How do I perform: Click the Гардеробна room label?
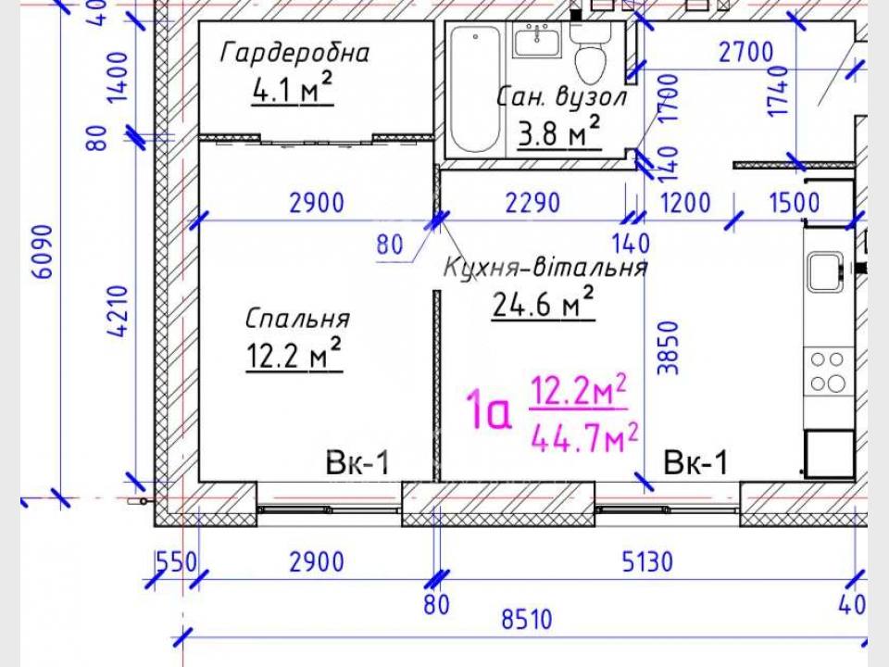pos(294,53)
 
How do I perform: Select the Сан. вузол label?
pos(562,97)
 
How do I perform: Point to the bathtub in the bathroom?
pos(475,90)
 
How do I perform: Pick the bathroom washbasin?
pos(536,39)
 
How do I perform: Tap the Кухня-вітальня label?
pos(545,267)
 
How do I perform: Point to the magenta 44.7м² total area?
pos(584,436)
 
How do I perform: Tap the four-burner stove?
pos(828,371)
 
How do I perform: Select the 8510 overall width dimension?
pos(527,619)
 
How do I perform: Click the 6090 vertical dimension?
pos(44,252)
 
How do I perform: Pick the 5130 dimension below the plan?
pos(647,562)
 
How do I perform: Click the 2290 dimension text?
pos(533,203)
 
